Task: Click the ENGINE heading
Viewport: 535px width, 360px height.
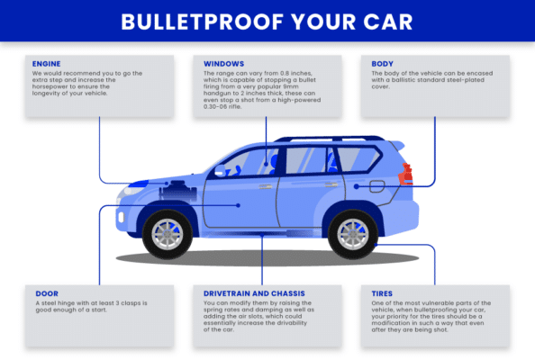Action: pos(47,65)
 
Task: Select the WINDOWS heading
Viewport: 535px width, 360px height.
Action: pos(223,65)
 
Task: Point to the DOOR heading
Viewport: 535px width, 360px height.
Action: pos(46,293)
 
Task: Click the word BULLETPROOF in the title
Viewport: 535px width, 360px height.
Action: pos(211,21)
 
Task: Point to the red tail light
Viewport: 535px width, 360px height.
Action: pos(407,174)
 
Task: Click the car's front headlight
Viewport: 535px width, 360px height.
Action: pos(132,189)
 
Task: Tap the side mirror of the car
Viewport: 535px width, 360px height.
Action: pos(220,170)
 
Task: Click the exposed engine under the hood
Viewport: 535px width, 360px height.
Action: pos(172,189)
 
